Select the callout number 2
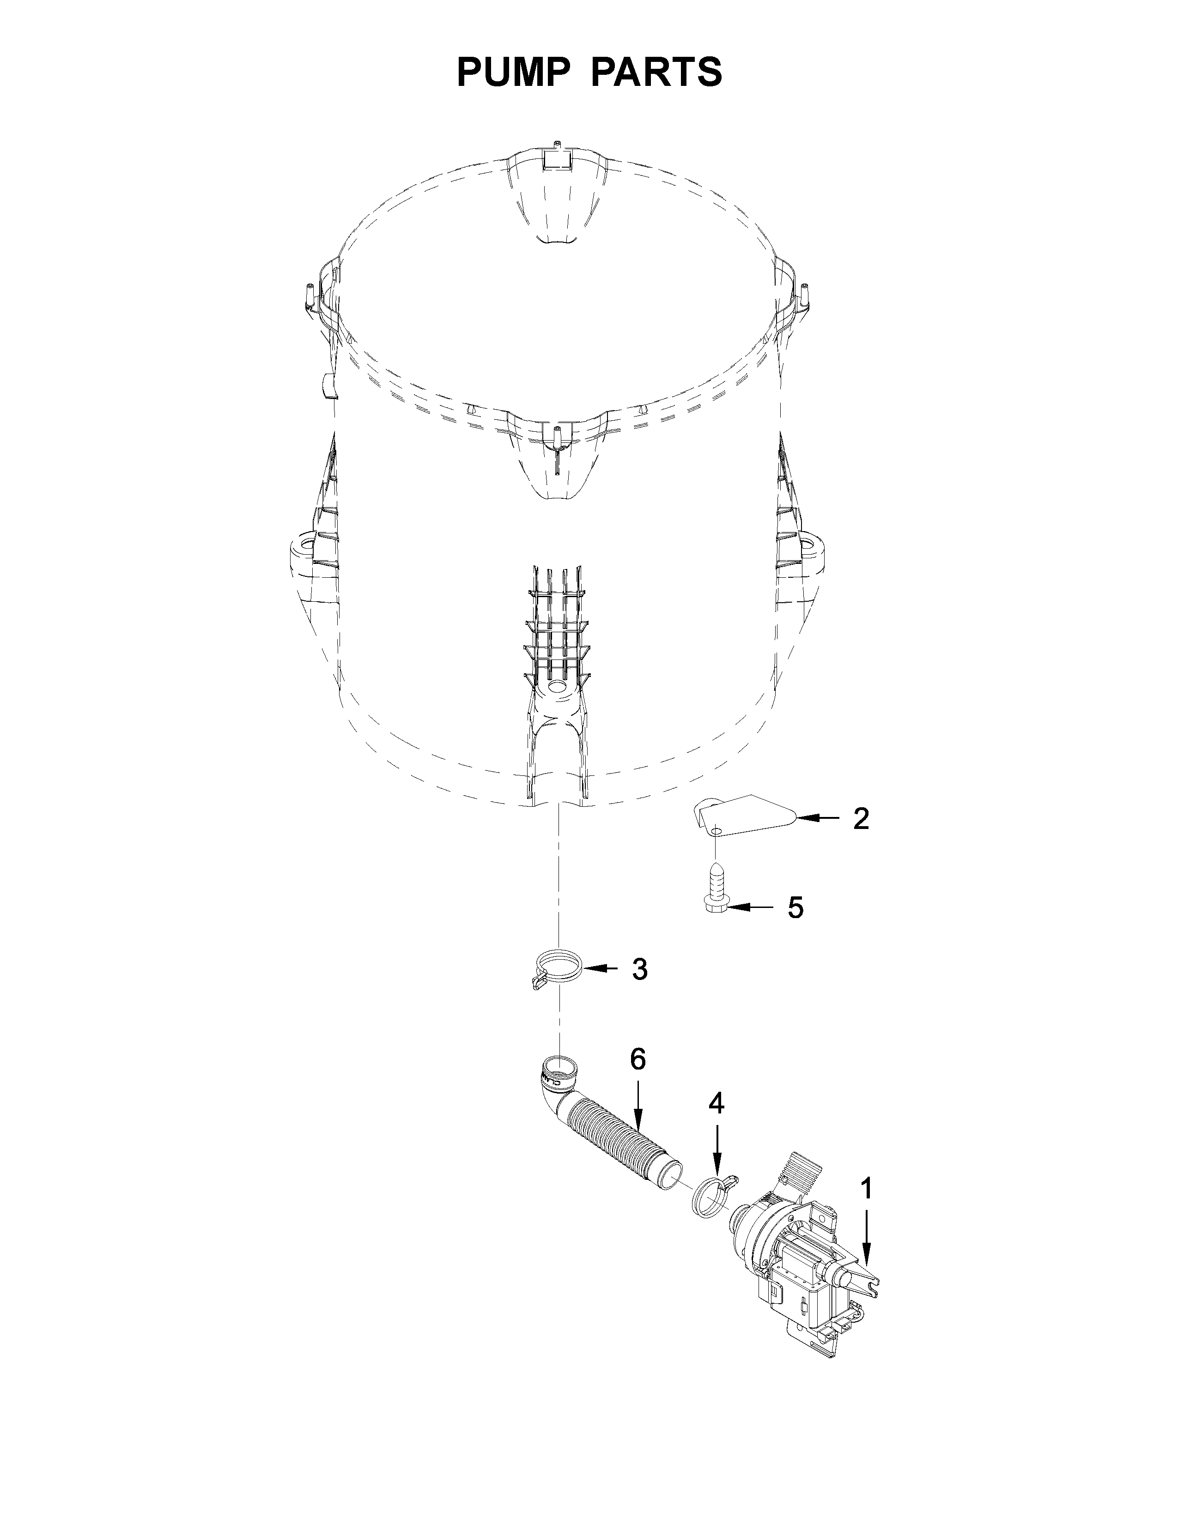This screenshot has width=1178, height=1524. coord(861,818)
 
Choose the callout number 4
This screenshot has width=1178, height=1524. coord(717,1102)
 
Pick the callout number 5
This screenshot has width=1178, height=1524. coord(795,907)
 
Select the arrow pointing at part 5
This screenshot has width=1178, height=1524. coord(751,907)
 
